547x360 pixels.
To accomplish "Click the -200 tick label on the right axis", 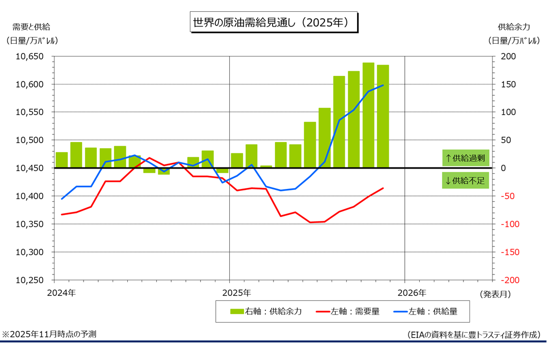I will pyautogui.click(x=509, y=280).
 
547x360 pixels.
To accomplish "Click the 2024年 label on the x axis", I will pyautogui.click(x=61, y=293).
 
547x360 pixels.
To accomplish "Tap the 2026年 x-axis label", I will pyautogui.click(x=412, y=293).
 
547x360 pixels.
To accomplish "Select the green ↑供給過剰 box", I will pyautogui.click(x=466, y=158).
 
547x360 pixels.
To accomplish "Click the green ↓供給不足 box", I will pyautogui.click(x=466, y=180).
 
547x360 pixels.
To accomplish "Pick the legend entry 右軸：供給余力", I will pyautogui.click(x=266, y=311).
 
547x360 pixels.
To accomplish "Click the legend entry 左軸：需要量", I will pyautogui.click(x=348, y=311).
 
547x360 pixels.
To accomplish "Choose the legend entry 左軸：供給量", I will pyautogui.click(x=426, y=311).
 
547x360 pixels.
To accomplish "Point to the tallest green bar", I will pyautogui.click(x=368, y=115).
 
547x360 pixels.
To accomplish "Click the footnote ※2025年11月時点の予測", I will pyautogui.click(x=49, y=334).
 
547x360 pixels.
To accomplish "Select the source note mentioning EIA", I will pyautogui.click(x=473, y=335).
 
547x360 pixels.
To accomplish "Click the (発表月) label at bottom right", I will pyautogui.click(x=494, y=293).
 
